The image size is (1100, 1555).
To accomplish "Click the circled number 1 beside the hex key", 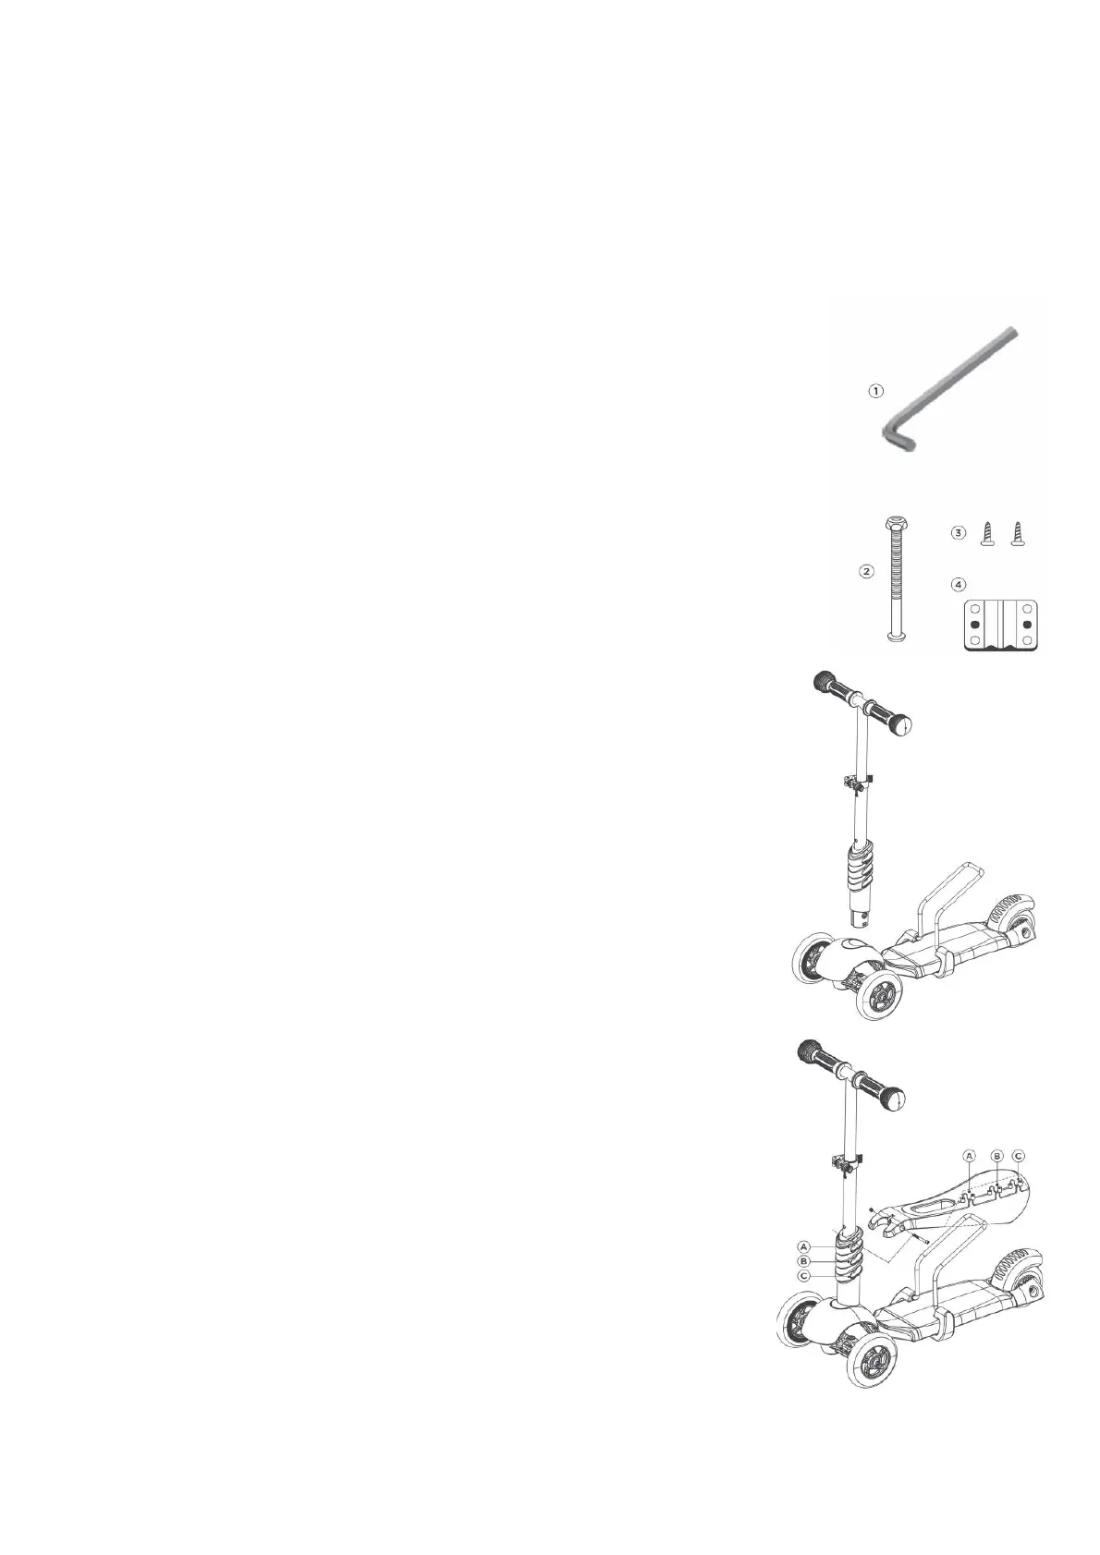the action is pos(874,391).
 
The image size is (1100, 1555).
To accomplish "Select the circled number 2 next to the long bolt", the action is pos(866,571).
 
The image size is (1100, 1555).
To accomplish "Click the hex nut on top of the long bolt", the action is pos(896,523).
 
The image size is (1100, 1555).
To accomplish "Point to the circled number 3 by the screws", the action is pos(959,533).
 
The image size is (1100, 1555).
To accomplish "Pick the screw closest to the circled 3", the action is pos(985,534).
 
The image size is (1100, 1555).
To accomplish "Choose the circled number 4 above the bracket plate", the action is pos(959,584).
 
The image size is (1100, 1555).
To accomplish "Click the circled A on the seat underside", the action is pos(969,1155).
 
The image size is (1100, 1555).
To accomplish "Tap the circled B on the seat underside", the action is pos(996,1155).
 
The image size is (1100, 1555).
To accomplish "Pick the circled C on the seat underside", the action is pos(1019,1155).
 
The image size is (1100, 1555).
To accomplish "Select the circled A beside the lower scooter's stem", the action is pos(804,1246).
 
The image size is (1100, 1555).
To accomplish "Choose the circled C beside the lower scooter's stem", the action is pos(804,1276).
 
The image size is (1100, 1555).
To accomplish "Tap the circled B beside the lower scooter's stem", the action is pos(804,1261).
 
